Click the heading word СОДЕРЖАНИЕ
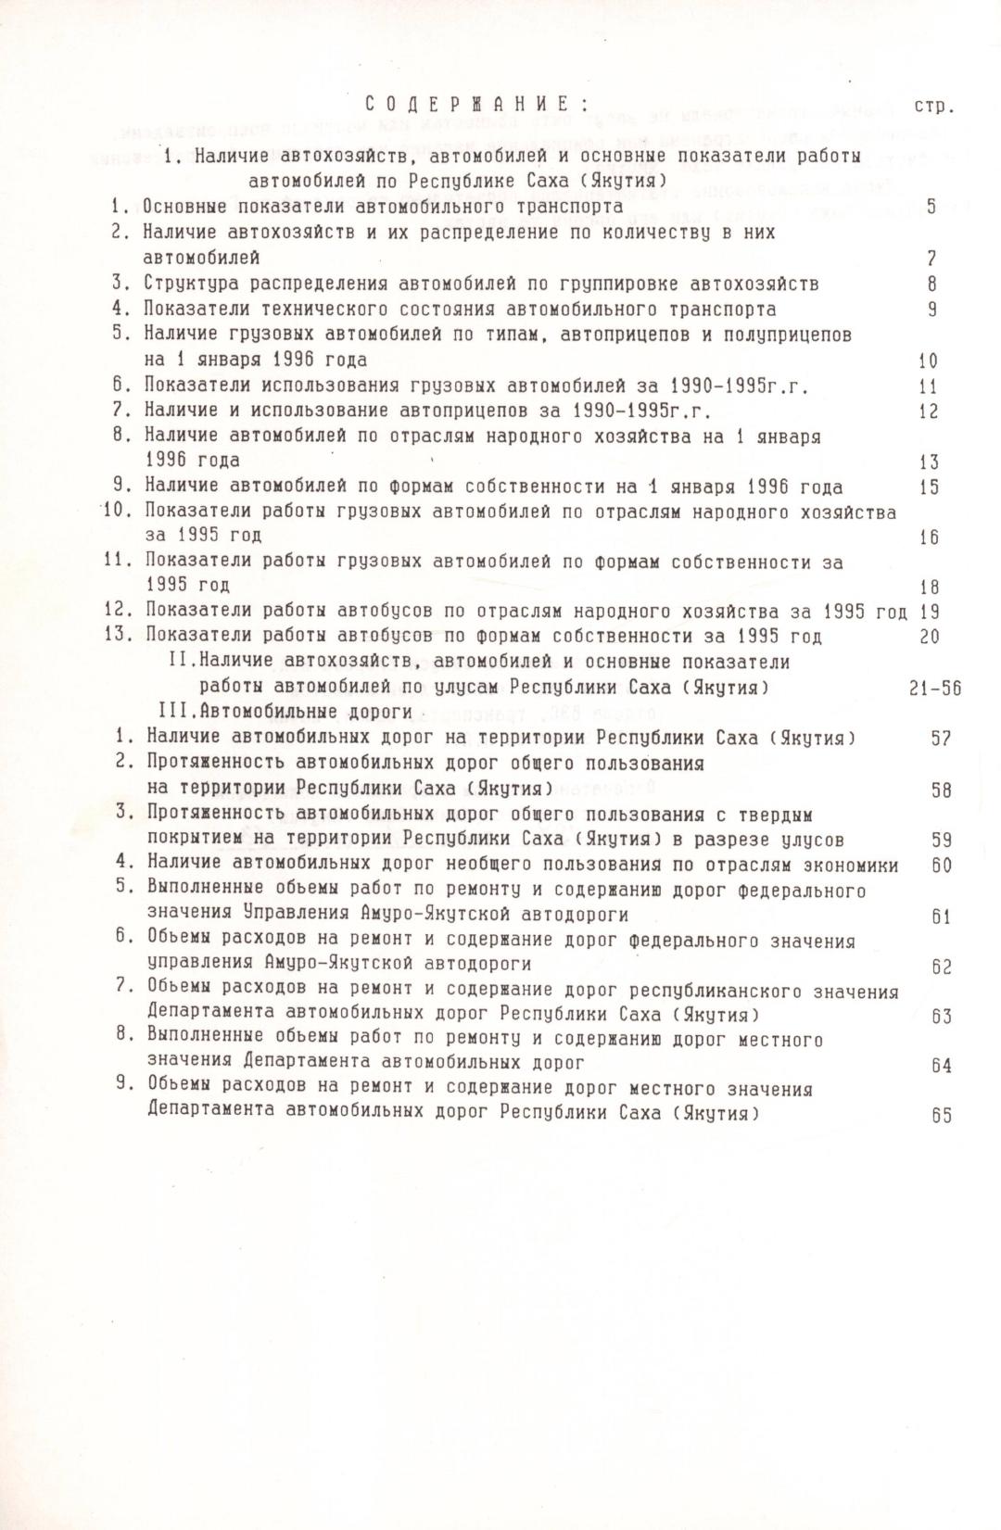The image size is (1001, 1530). tap(472, 104)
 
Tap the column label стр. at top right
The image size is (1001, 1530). tap(933, 106)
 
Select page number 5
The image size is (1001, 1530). tap(931, 207)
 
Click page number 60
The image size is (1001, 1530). tap(942, 866)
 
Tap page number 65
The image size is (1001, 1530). tap(942, 1116)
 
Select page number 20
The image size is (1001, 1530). tap(929, 637)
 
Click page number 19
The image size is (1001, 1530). tap(929, 612)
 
